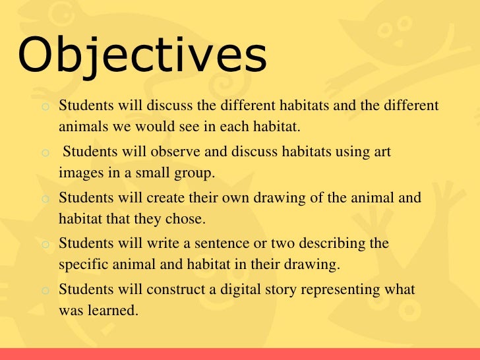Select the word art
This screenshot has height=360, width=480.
pos(382,152)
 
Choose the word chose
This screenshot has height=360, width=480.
pos(188,218)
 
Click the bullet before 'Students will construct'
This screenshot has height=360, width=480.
pos(44,290)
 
